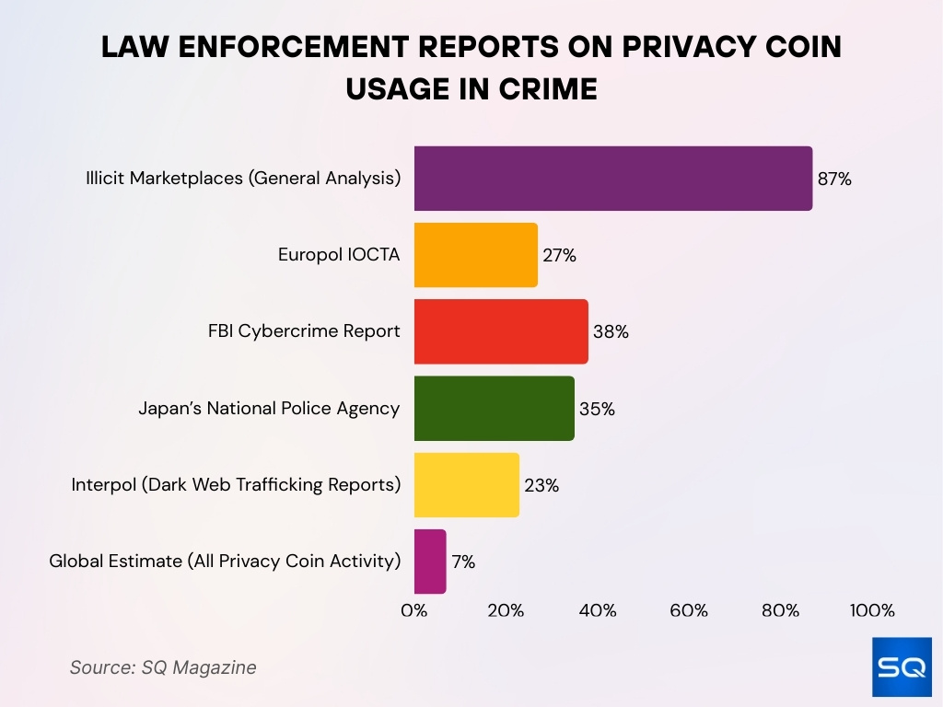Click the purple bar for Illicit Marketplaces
point(612,179)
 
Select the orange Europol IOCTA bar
point(475,255)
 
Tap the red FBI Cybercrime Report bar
point(501,331)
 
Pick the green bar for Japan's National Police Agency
point(494,408)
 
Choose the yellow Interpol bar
point(466,484)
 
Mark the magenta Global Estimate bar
point(430,561)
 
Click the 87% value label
point(834,180)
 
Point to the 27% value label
point(559,256)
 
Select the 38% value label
point(611,332)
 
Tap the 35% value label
point(597,409)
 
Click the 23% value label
point(541,485)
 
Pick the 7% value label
point(463,562)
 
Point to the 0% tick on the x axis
point(414,610)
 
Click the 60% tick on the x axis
point(689,610)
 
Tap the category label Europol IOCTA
point(339,255)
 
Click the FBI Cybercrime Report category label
point(304,331)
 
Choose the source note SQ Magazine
point(163,667)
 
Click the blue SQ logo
point(902,666)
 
